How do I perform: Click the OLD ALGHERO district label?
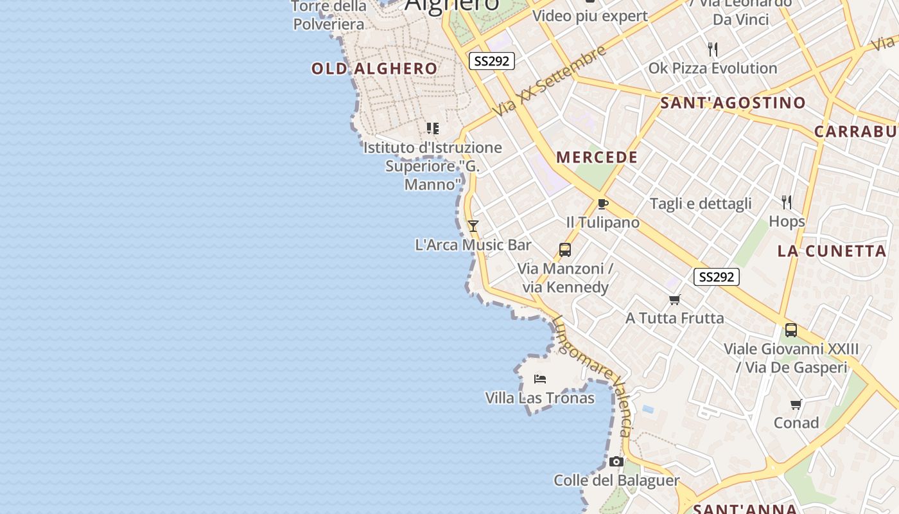[x=374, y=69]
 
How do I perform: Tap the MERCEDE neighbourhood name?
[x=597, y=157]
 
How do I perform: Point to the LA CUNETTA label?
[x=832, y=251]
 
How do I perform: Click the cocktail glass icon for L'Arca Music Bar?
[x=473, y=226]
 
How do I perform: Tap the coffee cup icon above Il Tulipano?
[x=602, y=204]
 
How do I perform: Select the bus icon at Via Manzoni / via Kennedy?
[x=565, y=250]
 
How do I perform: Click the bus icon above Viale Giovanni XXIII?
[x=791, y=330]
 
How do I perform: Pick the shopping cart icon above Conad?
[x=796, y=404]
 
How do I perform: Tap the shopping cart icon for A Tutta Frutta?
[x=675, y=299]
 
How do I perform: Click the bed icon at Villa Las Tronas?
[x=540, y=379]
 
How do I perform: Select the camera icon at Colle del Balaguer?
[x=616, y=461]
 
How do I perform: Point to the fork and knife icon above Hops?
[x=787, y=203]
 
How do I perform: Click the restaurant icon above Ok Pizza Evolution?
[x=712, y=49]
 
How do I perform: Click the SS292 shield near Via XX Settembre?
[x=492, y=61]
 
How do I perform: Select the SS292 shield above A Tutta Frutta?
[x=717, y=277]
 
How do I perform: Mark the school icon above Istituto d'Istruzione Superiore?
[x=433, y=128]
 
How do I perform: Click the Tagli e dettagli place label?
[x=701, y=204]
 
